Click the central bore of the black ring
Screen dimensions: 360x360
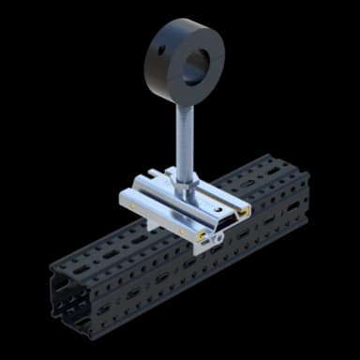pos(197,65)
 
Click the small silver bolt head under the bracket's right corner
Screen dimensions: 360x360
pos(217,241)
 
